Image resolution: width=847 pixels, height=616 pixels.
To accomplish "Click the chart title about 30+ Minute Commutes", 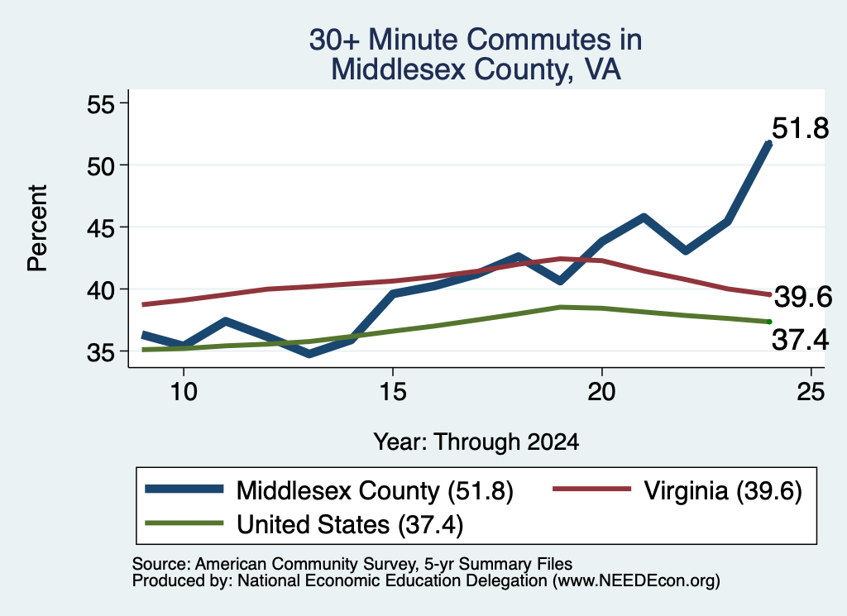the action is (x=476, y=55).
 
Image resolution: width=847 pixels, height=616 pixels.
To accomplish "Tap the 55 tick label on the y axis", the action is (x=102, y=103).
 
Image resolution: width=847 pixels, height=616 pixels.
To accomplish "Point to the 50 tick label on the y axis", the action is (x=102, y=165).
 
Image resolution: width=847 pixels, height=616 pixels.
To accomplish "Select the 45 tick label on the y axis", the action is (x=102, y=228).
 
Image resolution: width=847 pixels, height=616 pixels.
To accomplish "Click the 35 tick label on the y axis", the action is (x=102, y=352).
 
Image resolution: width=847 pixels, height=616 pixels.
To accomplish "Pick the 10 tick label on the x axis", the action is (x=184, y=391).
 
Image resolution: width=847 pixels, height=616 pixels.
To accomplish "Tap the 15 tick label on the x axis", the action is (x=393, y=391).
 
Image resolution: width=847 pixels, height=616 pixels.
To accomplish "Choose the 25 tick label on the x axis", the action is (x=811, y=391).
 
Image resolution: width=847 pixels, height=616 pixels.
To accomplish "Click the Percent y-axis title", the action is (x=38, y=228).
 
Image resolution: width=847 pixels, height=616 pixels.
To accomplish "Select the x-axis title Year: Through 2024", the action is (x=476, y=442).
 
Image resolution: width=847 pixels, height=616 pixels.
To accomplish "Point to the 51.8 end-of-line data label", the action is (x=800, y=128).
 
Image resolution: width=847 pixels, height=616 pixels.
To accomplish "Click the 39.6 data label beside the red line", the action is (x=803, y=297).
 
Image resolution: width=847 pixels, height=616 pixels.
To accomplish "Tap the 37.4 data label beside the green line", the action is (x=800, y=340).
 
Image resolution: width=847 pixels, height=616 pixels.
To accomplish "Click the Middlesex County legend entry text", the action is (x=375, y=491).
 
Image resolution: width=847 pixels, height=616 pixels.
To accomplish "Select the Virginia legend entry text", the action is (x=723, y=491).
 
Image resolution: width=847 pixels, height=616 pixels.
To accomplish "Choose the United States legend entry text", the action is (x=350, y=525).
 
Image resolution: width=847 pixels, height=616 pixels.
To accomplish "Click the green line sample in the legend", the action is (x=184, y=523).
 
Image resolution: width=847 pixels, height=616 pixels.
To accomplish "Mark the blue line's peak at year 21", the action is (x=644, y=217).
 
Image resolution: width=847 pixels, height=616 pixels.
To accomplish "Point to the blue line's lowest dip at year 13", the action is (x=309, y=354).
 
